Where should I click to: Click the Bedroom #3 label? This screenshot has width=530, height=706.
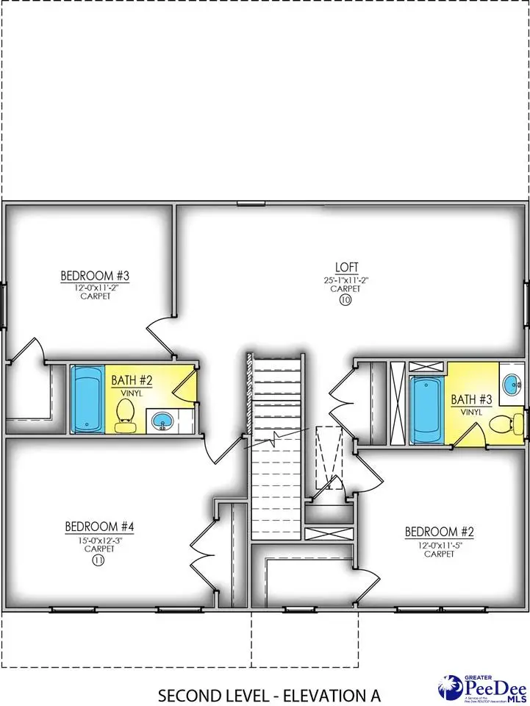click(x=95, y=276)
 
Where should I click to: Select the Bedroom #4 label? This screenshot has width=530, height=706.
click(x=99, y=527)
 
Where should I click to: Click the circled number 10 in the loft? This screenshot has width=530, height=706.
click(x=345, y=300)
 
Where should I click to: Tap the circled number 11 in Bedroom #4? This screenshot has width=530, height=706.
click(x=98, y=560)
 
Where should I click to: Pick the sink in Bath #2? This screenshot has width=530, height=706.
click(x=161, y=421)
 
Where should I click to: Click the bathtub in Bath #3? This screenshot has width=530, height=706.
click(x=426, y=410)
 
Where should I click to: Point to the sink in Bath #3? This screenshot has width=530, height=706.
click(x=510, y=382)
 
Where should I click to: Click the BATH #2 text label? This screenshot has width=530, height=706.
click(x=132, y=380)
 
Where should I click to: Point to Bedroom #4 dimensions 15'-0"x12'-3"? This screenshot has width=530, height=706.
click(x=99, y=539)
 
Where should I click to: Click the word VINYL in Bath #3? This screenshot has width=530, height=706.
click(x=470, y=412)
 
